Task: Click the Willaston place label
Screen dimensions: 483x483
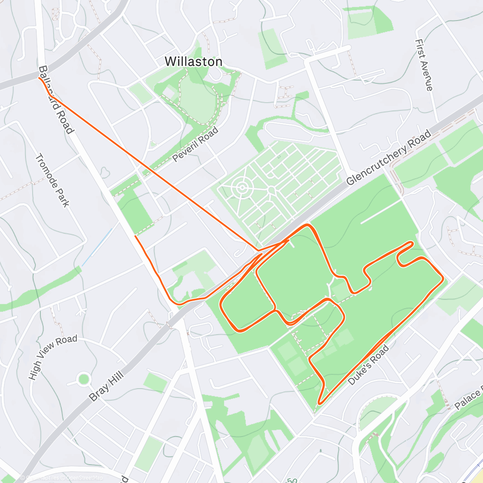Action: coord(194,62)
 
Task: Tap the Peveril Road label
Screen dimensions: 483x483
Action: coord(196,144)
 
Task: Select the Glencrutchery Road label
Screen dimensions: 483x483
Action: coord(388,157)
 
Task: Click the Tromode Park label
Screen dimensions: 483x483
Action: coord(52,180)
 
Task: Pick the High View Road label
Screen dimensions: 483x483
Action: coord(52,357)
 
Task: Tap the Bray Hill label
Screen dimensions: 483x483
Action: coord(106,387)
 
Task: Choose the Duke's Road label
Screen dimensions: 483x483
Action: coord(369,365)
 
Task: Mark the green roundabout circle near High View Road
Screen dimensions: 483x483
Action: coord(83,379)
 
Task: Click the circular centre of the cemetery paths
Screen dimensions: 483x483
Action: coord(242,188)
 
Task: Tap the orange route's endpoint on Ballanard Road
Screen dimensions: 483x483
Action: coord(39,78)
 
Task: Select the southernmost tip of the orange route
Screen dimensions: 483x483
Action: coord(319,403)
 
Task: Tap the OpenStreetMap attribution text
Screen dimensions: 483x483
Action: coord(85,478)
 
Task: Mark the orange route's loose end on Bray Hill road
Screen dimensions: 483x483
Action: coord(135,236)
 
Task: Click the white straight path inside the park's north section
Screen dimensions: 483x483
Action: coord(380,213)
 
